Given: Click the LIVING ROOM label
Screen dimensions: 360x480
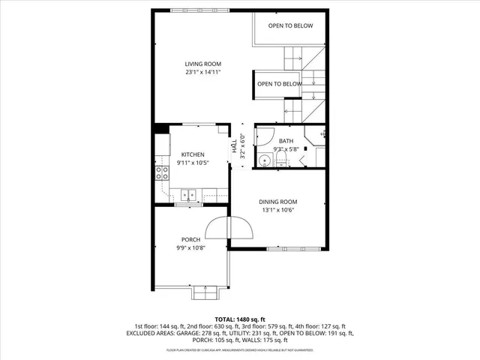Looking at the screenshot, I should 203,64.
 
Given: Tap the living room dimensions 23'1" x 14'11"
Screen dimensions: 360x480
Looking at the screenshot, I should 203,73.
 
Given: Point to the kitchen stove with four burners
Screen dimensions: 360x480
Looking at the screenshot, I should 161,173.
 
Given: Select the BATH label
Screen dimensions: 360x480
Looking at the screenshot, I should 286,141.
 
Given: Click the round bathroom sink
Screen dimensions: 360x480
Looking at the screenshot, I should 264,160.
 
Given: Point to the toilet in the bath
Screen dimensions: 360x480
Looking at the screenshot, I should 281,160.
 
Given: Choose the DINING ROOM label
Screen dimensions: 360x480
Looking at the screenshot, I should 278,202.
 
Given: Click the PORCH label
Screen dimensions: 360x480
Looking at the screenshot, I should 190,240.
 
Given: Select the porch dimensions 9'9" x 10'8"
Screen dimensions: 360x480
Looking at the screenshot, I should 190,249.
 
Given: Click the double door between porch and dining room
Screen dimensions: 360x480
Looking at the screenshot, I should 229,229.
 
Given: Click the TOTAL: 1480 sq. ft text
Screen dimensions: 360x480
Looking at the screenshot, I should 240,319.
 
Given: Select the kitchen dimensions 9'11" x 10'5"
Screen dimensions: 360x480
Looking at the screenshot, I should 193,163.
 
